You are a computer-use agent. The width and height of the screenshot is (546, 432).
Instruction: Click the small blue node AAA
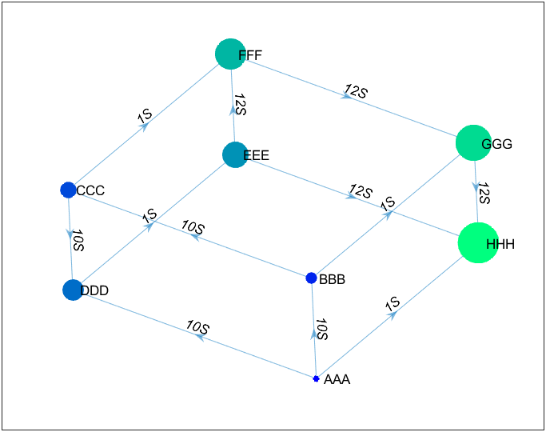click(316, 378)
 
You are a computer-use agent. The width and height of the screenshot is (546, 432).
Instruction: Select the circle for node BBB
click(311, 278)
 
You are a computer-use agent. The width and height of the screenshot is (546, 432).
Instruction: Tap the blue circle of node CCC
click(68, 190)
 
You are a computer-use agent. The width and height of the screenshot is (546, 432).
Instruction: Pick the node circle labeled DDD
click(73, 290)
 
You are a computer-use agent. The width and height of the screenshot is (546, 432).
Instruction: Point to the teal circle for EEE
click(235, 154)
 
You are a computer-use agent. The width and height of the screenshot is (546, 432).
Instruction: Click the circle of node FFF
click(230, 54)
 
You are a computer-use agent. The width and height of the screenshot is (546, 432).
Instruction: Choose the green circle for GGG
click(473, 143)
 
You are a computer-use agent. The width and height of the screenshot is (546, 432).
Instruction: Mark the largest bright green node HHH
click(478, 243)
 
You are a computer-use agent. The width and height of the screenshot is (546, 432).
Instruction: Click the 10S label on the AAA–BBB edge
click(321, 330)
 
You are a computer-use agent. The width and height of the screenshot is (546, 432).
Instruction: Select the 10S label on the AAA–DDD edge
click(197, 326)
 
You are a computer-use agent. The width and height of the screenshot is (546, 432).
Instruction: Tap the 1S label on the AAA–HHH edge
click(393, 305)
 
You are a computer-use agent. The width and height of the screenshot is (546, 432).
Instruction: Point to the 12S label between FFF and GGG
click(357, 91)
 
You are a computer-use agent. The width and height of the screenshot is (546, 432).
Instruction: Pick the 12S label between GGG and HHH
click(484, 193)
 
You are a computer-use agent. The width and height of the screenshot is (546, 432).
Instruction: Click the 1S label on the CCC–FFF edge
click(145, 116)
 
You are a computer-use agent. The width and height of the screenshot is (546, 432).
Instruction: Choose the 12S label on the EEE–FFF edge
click(241, 104)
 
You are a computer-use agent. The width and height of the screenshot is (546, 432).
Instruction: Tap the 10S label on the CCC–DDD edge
click(78, 240)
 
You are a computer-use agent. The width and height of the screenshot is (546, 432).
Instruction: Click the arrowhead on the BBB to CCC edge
click(194, 237)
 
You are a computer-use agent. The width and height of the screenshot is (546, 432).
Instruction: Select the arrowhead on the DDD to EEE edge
click(149, 226)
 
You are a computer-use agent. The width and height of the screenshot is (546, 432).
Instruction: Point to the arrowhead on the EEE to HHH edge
click(350, 196)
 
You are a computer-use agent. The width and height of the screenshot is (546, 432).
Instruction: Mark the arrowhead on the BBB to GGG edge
click(388, 214)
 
